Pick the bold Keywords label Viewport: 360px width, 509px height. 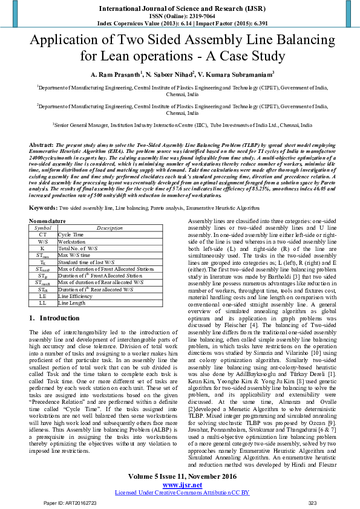click(44, 207)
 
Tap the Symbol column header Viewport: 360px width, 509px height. click(43, 228)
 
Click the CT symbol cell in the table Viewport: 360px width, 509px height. click(43, 234)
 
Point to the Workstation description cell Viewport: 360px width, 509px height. click(72, 241)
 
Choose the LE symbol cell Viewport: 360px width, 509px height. click(43, 296)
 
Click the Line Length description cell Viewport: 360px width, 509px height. click(71, 302)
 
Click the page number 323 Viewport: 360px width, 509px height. click(312, 502)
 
